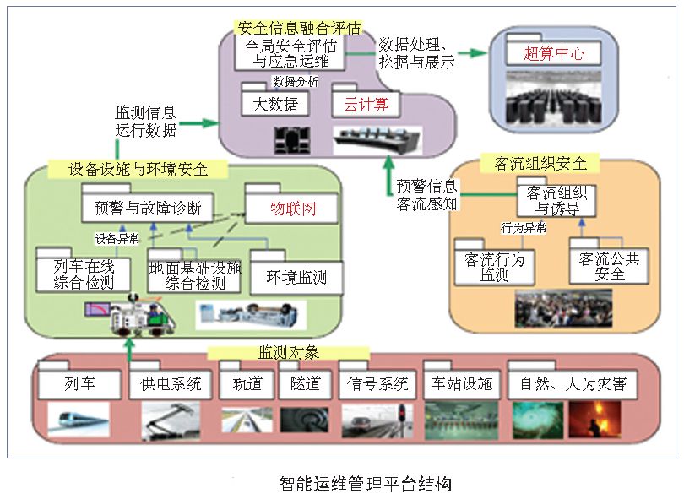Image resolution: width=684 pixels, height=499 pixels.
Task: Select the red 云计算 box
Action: pos(366,105)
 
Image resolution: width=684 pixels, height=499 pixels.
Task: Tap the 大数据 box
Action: pos(274,105)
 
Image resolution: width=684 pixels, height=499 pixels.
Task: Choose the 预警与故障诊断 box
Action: pos(147,208)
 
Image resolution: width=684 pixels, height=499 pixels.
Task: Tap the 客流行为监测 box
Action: pos(489,267)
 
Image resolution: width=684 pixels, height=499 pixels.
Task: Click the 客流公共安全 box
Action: pos(609,267)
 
